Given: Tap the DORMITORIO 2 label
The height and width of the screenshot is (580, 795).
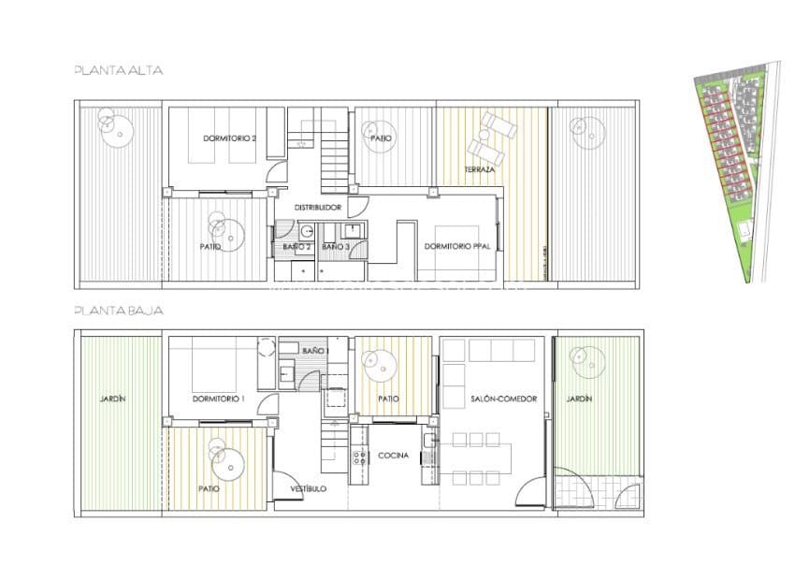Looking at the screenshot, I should coord(229,138).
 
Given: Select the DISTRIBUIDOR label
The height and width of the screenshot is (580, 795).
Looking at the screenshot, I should coord(318,207).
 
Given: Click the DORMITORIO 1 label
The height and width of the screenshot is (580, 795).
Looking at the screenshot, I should coord(218,399).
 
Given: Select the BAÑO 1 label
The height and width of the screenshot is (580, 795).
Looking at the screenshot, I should coord(315,350).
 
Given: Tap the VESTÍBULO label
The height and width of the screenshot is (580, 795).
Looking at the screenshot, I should coord(308,488).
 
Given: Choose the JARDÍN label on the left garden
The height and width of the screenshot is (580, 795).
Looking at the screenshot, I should coord(112,399).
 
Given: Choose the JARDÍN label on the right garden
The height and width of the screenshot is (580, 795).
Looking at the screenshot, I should coord(579,399).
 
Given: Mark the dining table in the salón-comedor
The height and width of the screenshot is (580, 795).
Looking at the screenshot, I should coord(481,458).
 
